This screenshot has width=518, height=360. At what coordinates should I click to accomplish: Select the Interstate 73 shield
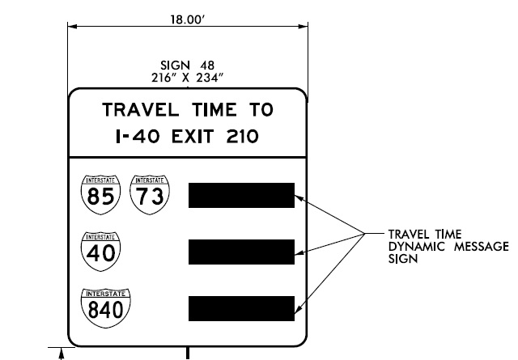click(150, 192)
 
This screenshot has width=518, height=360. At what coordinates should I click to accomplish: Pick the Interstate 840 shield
click(100, 306)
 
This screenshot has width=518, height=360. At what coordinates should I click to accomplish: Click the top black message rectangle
click(241, 195)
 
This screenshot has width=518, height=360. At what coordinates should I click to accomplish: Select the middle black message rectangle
click(241, 252)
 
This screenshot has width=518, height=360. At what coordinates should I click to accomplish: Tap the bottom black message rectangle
click(241, 308)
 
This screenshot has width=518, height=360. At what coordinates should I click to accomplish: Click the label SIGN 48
click(187, 66)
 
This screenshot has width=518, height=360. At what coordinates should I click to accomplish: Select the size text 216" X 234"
click(187, 77)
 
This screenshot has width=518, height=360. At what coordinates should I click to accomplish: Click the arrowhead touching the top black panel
click(300, 195)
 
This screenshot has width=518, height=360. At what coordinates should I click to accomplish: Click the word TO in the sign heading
click(260, 109)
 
